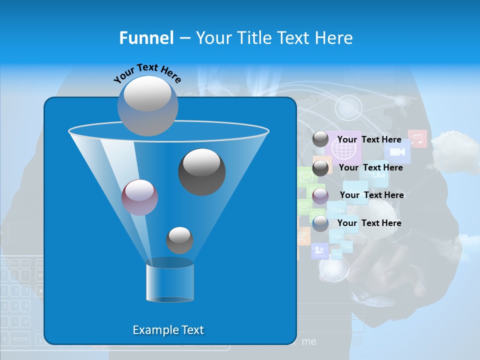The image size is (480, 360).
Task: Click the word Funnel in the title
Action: click(x=146, y=38)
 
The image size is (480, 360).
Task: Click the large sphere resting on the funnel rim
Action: click(x=148, y=105)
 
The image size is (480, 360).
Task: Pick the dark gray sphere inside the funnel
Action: click(x=201, y=171)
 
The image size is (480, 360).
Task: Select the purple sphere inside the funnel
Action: click(x=139, y=197)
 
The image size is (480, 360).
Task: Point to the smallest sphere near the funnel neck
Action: click(x=179, y=240)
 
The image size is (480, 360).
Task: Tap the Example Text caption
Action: click(x=168, y=330)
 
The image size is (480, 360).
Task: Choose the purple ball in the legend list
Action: click(x=320, y=195)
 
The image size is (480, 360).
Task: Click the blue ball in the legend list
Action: click(x=320, y=223)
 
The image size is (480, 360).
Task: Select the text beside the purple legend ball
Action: click(x=371, y=195)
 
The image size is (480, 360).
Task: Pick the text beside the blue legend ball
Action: click(x=369, y=223)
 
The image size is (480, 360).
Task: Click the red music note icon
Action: click(x=417, y=138)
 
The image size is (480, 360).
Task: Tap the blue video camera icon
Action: click(x=397, y=151)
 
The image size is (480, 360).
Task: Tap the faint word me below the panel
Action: click(x=309, y=341)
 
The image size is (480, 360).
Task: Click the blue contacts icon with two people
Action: click(x=319, y=250)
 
